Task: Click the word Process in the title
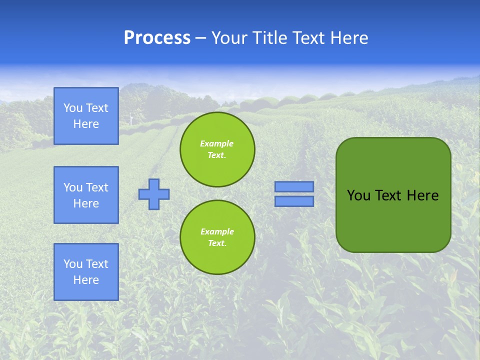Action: tap(157, 38)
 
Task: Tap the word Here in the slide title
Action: tap(348, 38)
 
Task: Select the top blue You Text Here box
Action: tap(86, 116)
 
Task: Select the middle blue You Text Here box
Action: tap(86, 195)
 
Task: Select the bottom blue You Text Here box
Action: tap(86, 272)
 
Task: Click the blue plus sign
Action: tap(154, 194)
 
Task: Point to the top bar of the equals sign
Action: tap(294, 186)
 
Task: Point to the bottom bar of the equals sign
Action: tap(294, 201)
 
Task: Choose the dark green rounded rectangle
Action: tap(393, 220)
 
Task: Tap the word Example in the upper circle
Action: tap(217, 143)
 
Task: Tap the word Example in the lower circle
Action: tap(217, 231)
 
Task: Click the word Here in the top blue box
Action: tap(86, 124)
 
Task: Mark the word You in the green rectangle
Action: tap(358, 195)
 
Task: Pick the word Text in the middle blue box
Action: tap(97, 187)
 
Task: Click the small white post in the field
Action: tap(131, 119)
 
